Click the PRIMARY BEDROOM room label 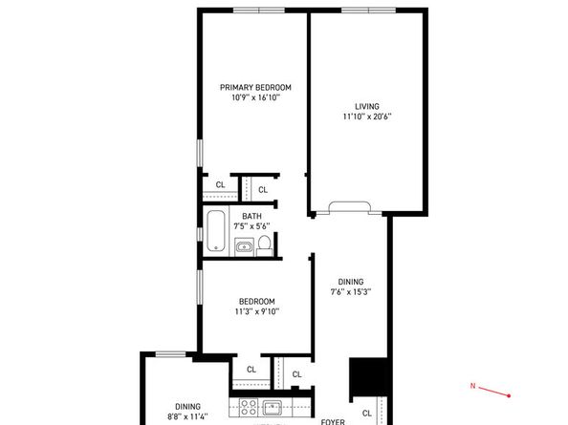(x=254, y=87)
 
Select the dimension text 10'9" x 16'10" (x=254, y=97)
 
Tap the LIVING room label (x=367, y=106)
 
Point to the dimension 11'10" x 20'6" (x=367, y=117)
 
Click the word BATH (x=251, y=216)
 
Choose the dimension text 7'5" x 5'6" (x=251, y=226)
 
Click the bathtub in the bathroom (x=217, y=230)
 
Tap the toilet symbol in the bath (x=265, y=246)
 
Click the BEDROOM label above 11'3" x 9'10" (x=256, y=300)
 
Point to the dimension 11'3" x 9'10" (x=256, y=310)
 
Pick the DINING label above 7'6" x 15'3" (x=351, y=282)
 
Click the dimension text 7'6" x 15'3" (x=351, y=292)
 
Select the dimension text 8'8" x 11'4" (x=187, y=415)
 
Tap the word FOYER (x=333, y=420)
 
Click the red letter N (x=472, y=386)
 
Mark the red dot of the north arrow (x=510, y=395)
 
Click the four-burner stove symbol (x=246, y=410)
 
